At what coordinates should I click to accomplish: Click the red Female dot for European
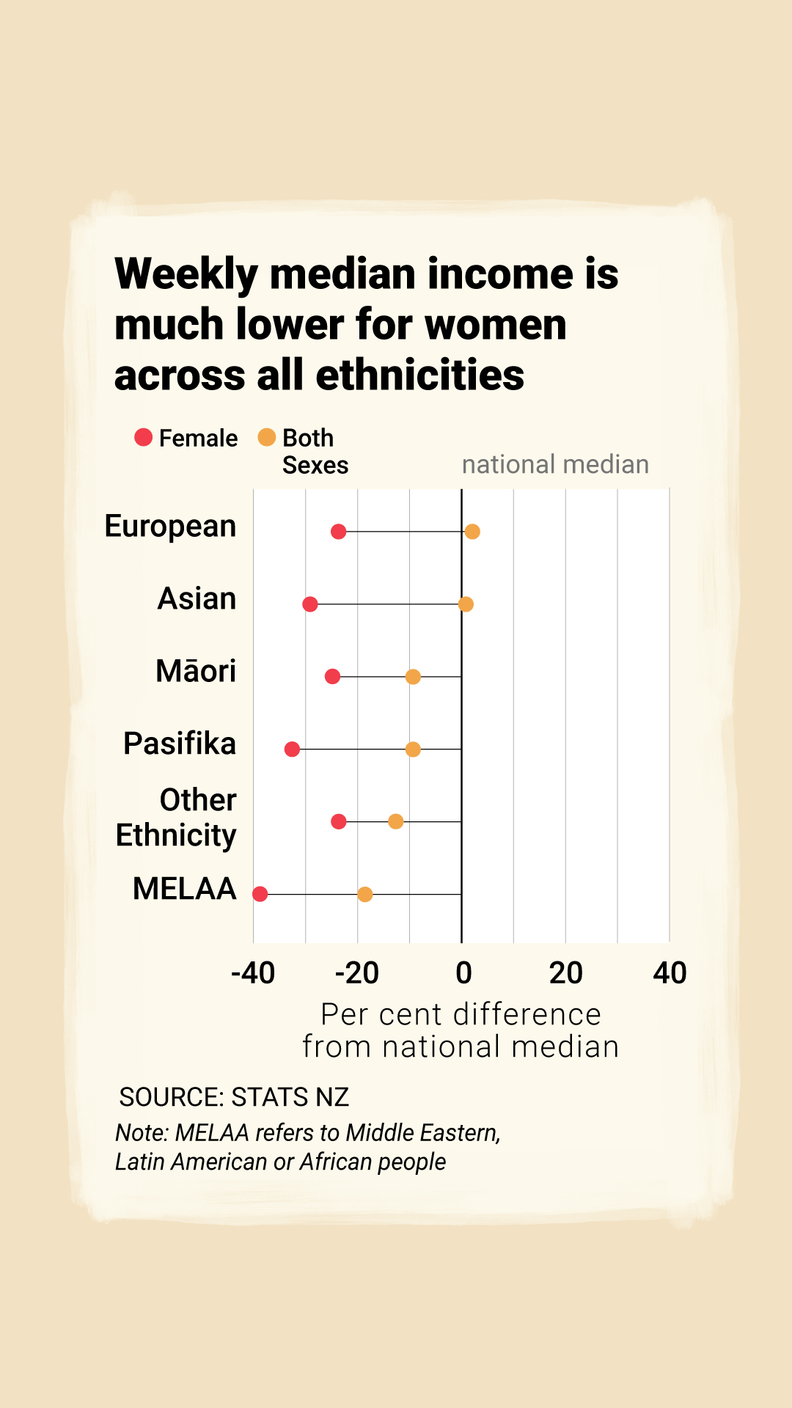[338, 532]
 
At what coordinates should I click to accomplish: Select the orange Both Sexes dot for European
[472, 532]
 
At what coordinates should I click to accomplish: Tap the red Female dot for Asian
[310, 604]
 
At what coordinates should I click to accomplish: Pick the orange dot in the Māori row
[413, 676]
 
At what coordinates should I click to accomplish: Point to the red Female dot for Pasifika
[292, 749]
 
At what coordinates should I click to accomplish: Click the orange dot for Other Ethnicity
[396, 821]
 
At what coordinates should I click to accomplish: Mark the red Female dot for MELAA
[260, 894]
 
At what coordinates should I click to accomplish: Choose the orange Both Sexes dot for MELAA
[365, 894]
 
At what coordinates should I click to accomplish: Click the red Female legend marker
[144, 438]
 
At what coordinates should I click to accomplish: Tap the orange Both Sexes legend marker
[267, 438]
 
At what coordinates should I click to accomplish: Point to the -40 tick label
[253, 973]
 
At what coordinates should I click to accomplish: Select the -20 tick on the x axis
[357, 973]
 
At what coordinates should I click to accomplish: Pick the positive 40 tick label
[670, 973]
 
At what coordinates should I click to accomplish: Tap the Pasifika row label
[180, 744]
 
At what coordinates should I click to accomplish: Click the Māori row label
[196, 671]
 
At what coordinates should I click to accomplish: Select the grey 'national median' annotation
[555, 464]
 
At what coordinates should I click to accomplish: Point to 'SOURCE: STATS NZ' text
[234, 1097]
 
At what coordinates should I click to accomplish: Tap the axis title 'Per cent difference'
[461, 1014]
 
